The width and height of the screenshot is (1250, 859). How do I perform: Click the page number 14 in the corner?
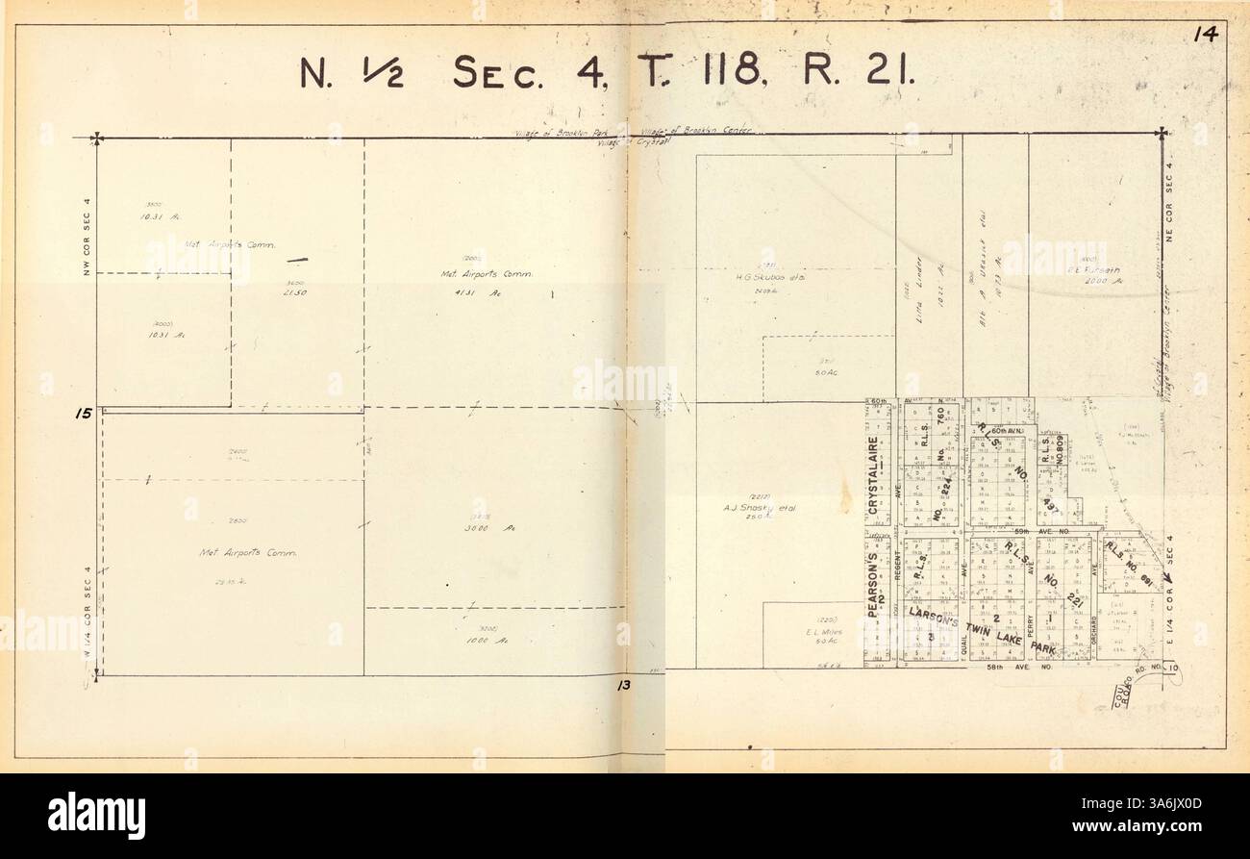click(1206, 36)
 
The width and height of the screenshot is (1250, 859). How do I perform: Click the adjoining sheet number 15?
click(84, 415)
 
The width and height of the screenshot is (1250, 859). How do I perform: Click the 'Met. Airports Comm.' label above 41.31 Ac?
click(486, 275)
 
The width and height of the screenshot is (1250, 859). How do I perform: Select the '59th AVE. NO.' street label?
click(1042, 530)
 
